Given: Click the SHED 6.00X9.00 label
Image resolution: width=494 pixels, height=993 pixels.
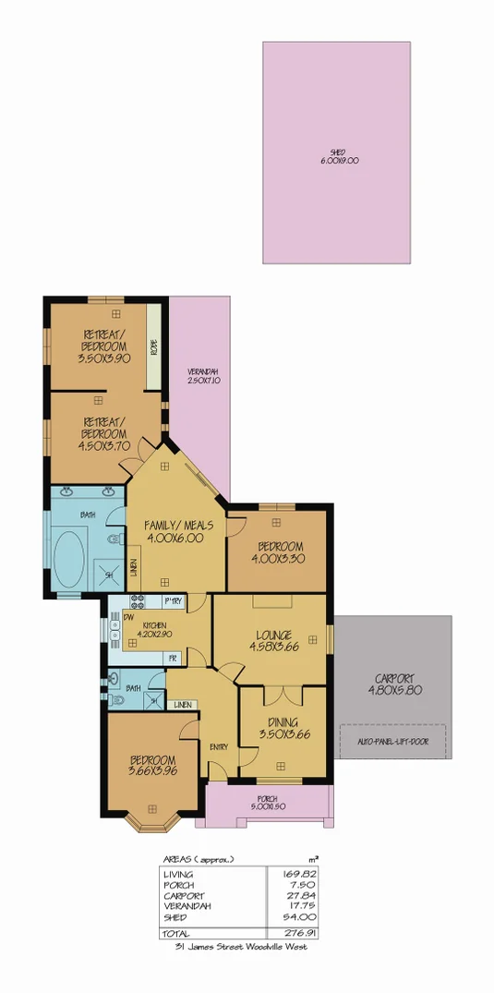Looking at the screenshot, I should click(x=337, y=157).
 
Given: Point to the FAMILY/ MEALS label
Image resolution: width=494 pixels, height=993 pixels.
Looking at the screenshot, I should click(x=179, y=531).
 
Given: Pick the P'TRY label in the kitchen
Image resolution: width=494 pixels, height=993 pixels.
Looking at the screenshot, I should click(x=172, y=602).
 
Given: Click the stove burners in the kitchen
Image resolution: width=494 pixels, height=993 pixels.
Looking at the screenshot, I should click(x=127, y=600).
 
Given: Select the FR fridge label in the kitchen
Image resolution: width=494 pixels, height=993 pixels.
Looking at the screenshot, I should click(x=172, y=657).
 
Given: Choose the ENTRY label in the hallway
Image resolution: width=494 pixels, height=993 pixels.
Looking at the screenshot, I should click(x=219, y=746).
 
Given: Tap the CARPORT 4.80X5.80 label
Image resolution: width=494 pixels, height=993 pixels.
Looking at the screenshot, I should click(x=392, y=684).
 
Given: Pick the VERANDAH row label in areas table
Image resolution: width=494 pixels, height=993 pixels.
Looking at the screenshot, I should click(x=187, y=906).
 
